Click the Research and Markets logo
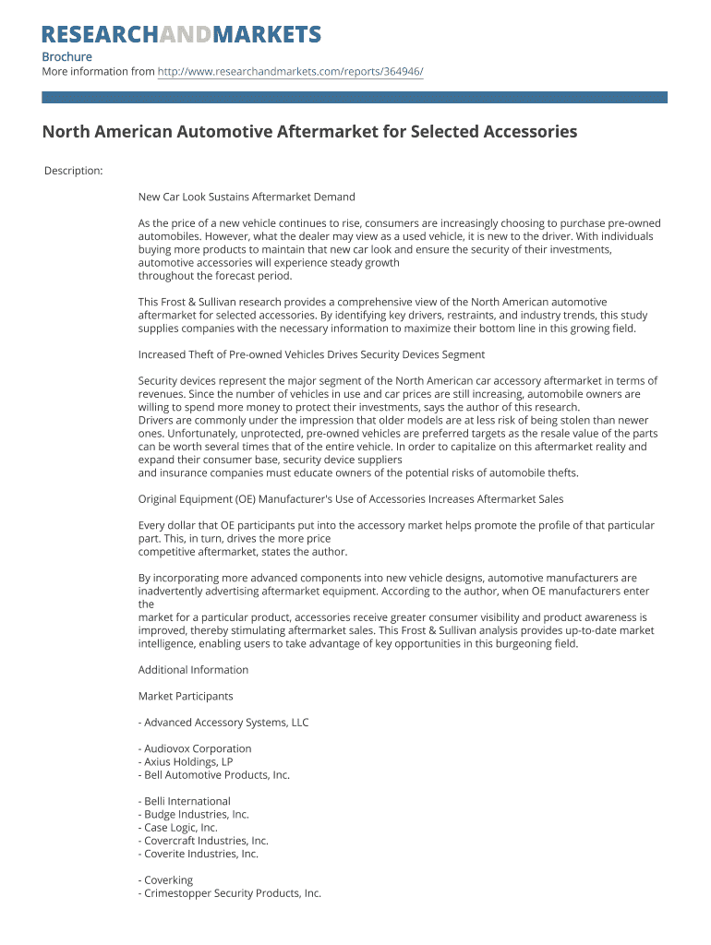(182, 35)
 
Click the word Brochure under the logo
(66, 57)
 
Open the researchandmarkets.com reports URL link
(290, 72)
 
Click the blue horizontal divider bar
(355, 97)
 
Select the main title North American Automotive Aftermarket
(309, 132)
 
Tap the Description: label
(73, 171)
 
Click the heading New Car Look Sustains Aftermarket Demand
(247, 197)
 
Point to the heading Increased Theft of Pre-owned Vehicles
(311, 354)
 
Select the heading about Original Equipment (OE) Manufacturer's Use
(351, 499)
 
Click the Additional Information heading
(193, 670)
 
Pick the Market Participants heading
(186, 696)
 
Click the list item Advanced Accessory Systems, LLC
(223, 723)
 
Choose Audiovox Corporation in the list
(195, 748)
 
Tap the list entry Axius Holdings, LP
(186, 762)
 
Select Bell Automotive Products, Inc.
(214, 775)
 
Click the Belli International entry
(185, 801)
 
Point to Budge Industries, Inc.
(194, 815)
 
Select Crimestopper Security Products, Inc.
(230, 893)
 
